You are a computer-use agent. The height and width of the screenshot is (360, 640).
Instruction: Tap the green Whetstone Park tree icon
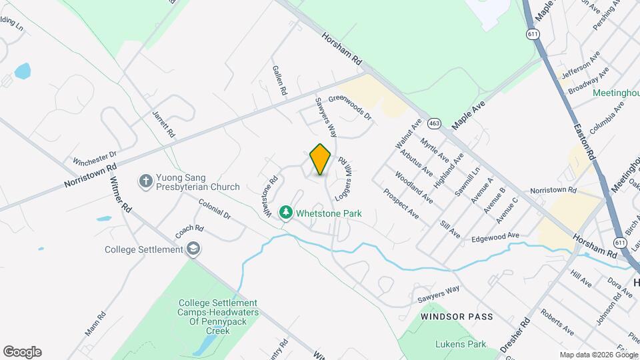(286, 213)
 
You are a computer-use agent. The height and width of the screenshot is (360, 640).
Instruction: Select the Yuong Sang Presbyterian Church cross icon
(145, 181)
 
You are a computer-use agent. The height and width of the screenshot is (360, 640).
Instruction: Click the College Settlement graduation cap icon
(193, 249)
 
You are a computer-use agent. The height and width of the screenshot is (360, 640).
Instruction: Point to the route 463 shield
(435, 123)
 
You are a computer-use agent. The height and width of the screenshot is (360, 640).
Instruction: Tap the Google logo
(22, 352)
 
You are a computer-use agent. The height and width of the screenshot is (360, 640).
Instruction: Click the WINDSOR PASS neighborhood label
(457, 316)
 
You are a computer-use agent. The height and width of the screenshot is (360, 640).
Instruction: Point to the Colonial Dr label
(214, 211)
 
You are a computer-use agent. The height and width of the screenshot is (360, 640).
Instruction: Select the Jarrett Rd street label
(163, 124)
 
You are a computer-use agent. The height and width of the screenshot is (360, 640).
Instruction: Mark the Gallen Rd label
(279, 80)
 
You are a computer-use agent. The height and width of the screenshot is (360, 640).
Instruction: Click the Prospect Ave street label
(401, 203)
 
